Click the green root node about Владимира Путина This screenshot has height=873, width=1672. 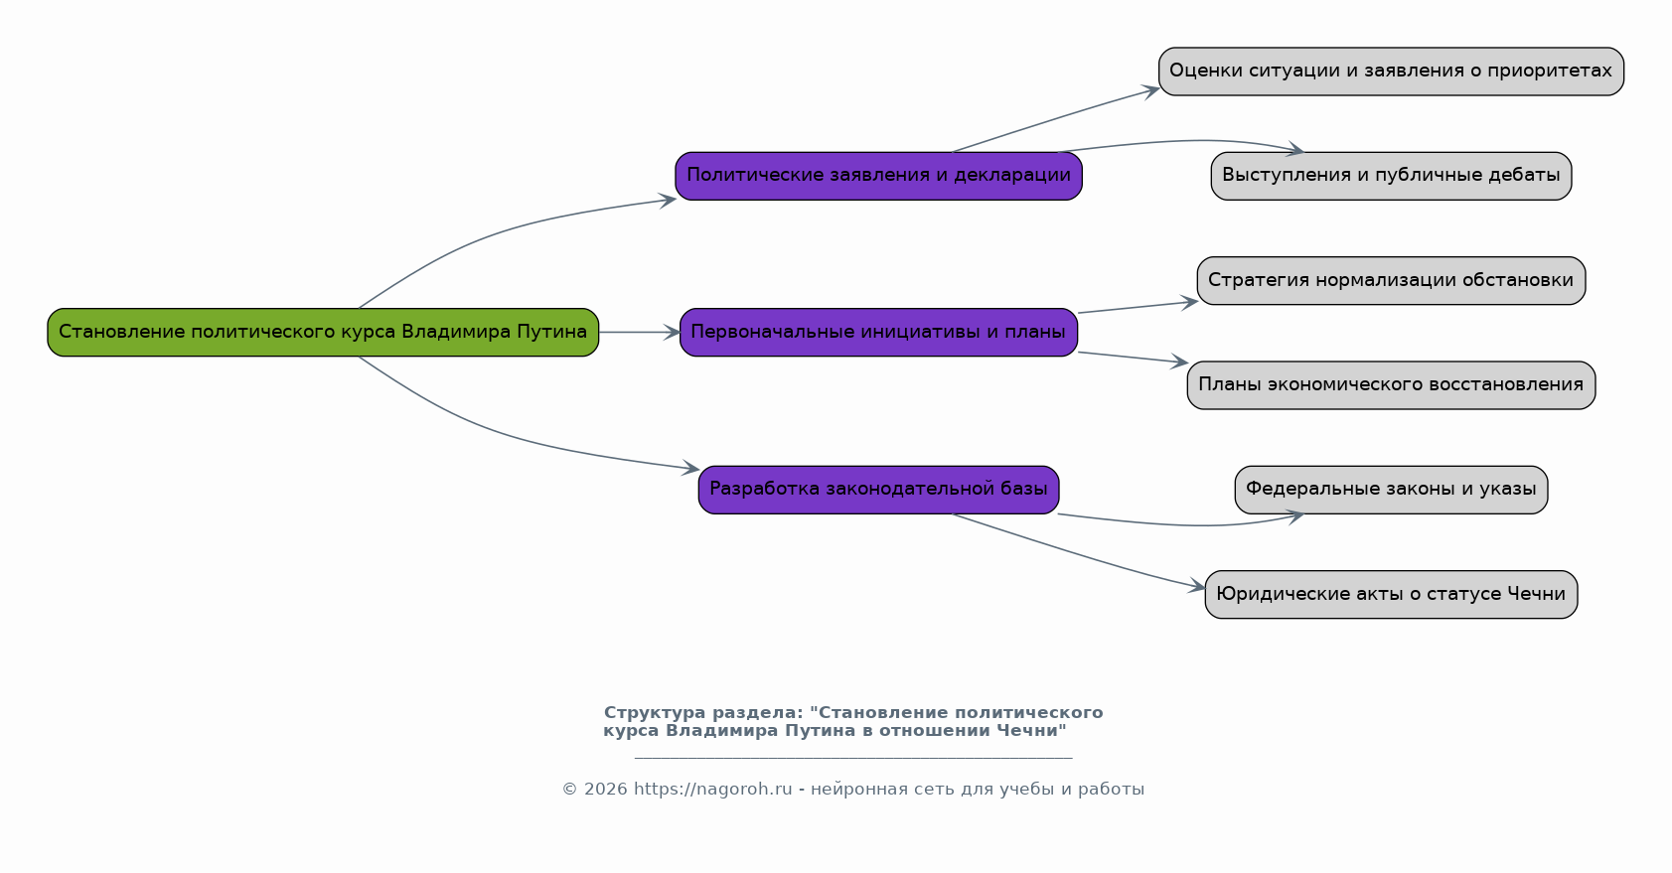click(x=323, y=332)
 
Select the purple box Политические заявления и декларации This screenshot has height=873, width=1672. click(x=878, y=176)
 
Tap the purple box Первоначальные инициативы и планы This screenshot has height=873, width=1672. click(x=878, y=332)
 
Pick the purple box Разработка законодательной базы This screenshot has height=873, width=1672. click(x=878, y=490)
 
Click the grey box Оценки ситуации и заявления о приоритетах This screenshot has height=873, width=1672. click(x=1391, y=72)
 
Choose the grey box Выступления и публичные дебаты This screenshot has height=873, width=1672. click(x=1391, y=176)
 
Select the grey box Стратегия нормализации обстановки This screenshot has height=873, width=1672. click(x=1391, y=280)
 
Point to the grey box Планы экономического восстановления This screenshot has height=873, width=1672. click(x=1391, y=385)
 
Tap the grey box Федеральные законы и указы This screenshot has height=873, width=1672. click(x=1391, y=490)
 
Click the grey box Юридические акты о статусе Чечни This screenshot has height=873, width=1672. click(x=1391, y=595)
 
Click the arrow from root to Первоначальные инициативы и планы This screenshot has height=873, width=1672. click(x=640, y=332)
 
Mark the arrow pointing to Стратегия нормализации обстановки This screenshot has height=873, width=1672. click(x=1139, y=307)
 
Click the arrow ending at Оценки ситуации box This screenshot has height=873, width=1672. click(x=1056, y=118)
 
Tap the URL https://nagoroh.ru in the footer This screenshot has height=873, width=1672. click(x=713, y=789)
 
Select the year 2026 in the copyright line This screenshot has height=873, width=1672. click(x=605, y=789)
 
